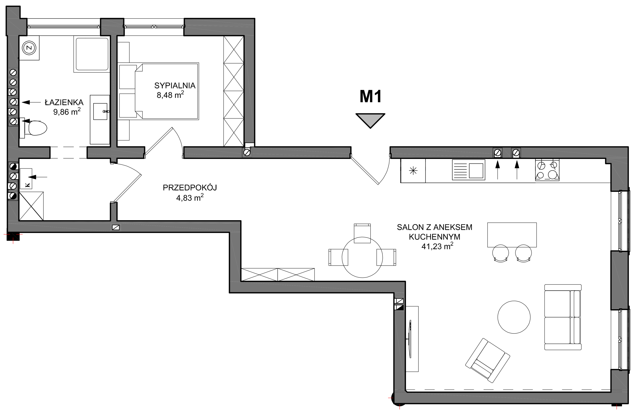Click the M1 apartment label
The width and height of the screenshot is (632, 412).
pos(370,96)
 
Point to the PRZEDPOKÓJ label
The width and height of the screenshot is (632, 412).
pos(190,188)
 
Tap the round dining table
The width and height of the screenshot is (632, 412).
pos(362,257)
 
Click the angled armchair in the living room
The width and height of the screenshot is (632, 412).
pos(488,360)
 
